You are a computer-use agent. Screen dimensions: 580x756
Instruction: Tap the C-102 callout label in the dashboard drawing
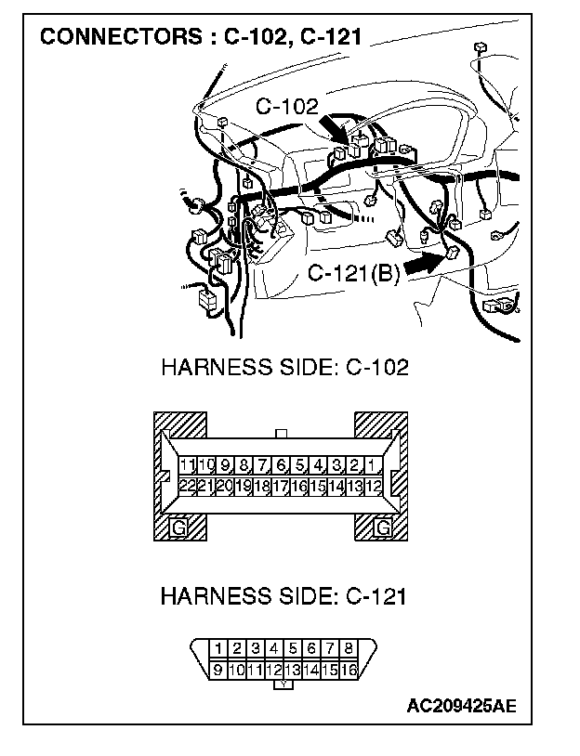coord(286,107)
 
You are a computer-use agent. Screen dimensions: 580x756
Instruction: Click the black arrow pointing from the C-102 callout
coord(336,129)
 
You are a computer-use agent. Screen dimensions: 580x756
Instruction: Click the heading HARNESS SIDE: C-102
coord(284,367)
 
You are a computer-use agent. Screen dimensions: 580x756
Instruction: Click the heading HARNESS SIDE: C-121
coord(283,596)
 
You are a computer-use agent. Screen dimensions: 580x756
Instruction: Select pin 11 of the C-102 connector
coord(188,465)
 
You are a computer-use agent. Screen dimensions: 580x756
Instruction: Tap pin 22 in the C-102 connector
coord(188,485)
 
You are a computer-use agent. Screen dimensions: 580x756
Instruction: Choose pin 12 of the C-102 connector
coord(374,485)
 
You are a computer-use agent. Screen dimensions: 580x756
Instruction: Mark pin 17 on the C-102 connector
coord(281,485)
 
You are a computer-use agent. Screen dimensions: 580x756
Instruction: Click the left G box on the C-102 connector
coord(178,528)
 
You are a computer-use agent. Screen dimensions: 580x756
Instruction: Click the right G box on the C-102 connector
coord(382,528)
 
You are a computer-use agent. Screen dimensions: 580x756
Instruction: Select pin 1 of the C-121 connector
coord(217,648)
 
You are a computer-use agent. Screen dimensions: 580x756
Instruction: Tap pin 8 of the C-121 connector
coord(349,648)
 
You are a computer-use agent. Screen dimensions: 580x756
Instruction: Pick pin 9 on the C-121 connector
coord(217,668)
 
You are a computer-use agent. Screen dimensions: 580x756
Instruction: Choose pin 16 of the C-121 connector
coord(349,668)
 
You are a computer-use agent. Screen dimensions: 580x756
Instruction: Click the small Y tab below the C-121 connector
coord(283,685)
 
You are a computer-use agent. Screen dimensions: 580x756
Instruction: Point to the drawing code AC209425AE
coord(461,706)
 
